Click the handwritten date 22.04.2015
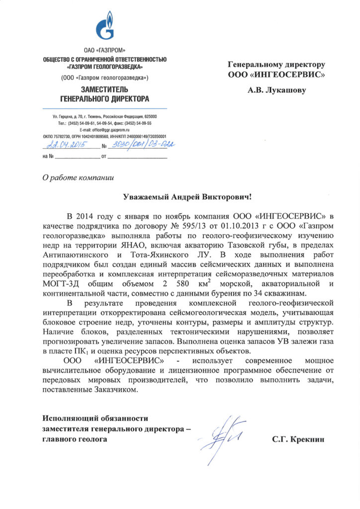tap(66, 145)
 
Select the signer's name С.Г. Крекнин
tap(298, 440)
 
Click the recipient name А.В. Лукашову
tap(277, 90)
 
